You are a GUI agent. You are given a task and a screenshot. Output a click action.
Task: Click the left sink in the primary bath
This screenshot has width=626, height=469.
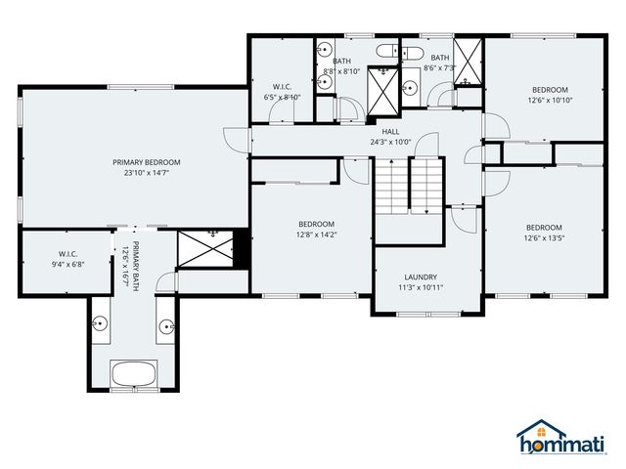pos(101,322)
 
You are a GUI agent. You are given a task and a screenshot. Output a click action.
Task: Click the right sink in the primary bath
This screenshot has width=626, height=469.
pos(167,325)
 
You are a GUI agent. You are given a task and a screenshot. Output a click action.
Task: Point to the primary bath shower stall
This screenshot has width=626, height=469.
pos(206,248)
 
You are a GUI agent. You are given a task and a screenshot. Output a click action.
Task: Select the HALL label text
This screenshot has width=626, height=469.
pos(389,131)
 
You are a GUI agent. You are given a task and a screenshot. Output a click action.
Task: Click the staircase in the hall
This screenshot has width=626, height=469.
pos(409,186)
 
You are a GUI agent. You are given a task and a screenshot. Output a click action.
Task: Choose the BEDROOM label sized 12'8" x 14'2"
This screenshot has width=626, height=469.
pos(316,224)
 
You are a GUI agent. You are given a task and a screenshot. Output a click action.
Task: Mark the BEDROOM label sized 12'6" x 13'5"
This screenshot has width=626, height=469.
pos(544,227)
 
